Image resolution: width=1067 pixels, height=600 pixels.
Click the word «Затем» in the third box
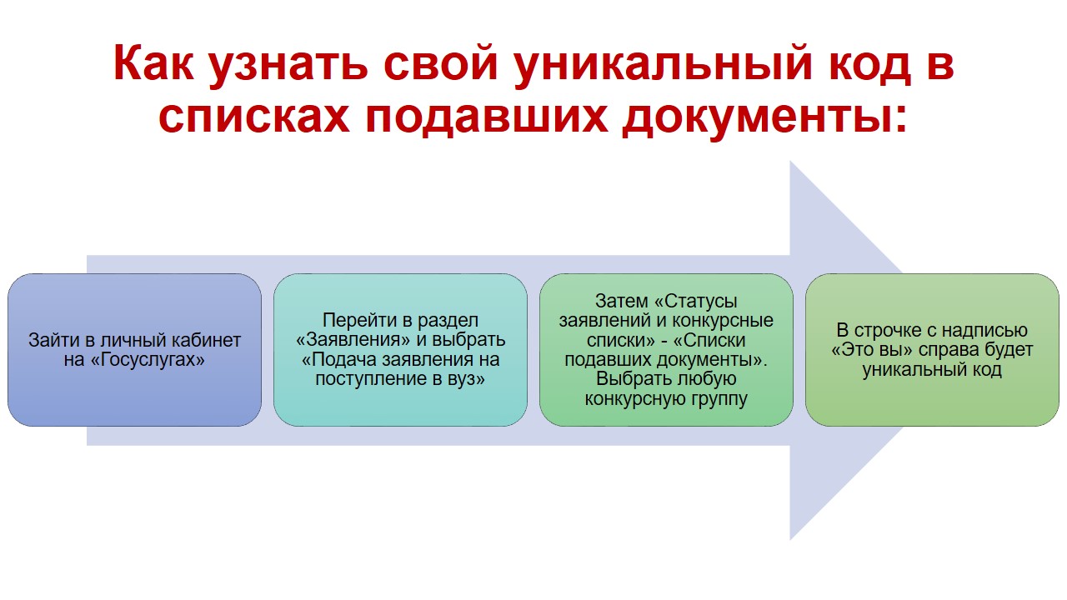click(x=622, y=301)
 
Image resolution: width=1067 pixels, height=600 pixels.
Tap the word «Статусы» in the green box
click(x=701, y=302)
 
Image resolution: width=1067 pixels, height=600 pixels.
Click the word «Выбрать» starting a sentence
click(x=626, y=379)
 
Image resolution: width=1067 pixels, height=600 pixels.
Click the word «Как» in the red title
click(x=153, y=62)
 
